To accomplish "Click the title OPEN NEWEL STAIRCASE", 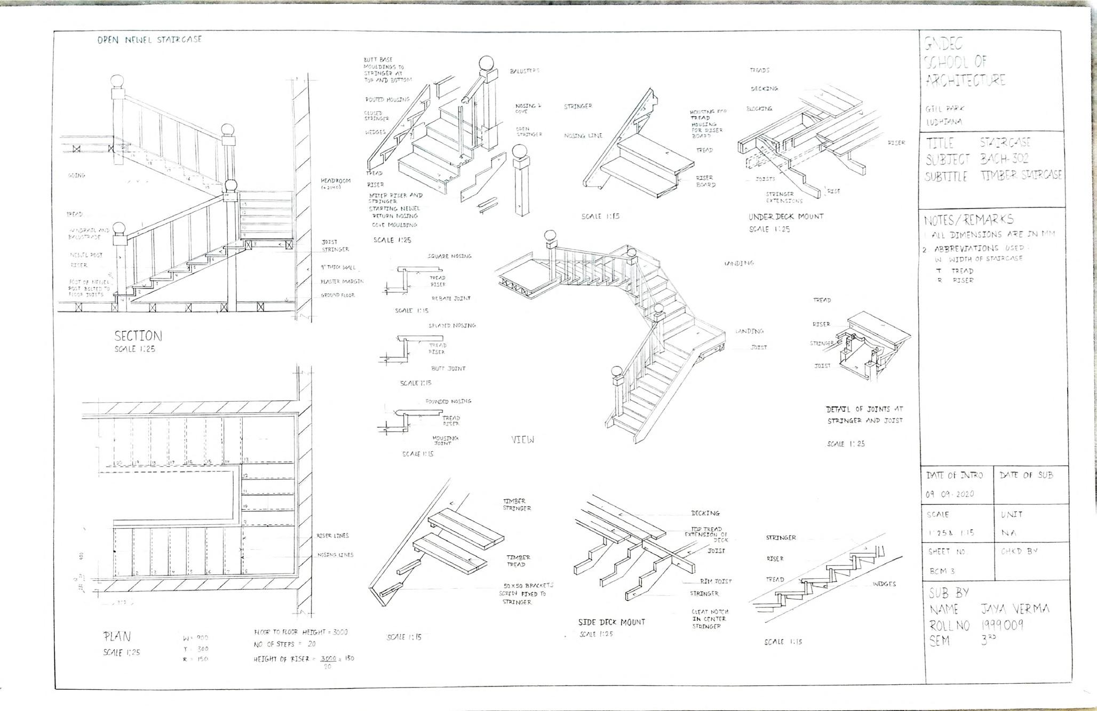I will click(x=149, y=39).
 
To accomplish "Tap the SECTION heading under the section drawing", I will click(x=138, y=336).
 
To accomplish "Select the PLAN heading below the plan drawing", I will click(x=117, y=636).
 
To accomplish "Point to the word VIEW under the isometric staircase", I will click(x=522, y=440).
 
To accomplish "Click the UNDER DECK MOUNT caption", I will click(x=785, y=217).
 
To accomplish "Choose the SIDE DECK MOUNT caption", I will click(x=611, y=622).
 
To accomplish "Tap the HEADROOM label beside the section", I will click(x=336, y=181).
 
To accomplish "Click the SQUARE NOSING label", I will click(x=449, y=256).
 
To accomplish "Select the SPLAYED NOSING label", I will click(x=451, y=325).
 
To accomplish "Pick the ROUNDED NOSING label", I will click(x=448, y=401).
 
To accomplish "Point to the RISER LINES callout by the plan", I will click(x=332, y=536).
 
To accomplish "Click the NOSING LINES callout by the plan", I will click(x=335, y=555).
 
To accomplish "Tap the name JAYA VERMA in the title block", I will click(x=1015, y=609).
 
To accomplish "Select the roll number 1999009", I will click(x=1002, y=625).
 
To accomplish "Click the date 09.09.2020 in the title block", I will click(x=950, y=494).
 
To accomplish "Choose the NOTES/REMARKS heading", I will click(x=968, y=219).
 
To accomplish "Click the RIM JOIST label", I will click(x=716, y=581).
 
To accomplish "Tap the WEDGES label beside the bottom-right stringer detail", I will click(x=884, y=584).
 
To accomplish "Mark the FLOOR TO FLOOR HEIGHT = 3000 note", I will click(x=300, y=632).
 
